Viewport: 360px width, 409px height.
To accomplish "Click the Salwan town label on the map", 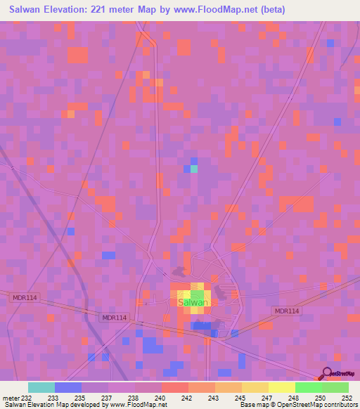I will [193, 303].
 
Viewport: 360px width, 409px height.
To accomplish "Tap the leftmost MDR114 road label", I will [24, 298].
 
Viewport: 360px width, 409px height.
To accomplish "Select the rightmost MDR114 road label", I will [286, 311].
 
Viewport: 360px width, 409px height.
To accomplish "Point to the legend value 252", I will [344, 397].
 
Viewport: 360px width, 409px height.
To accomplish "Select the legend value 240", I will [160, 397].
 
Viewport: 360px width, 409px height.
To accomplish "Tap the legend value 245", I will [240, 397].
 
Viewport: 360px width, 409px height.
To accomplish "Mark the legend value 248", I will [293, 397].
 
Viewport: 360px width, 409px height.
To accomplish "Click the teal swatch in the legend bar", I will [41, 387].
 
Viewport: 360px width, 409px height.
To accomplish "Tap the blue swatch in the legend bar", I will [68, 387].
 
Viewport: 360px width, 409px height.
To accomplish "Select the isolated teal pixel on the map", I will [194, 169].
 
